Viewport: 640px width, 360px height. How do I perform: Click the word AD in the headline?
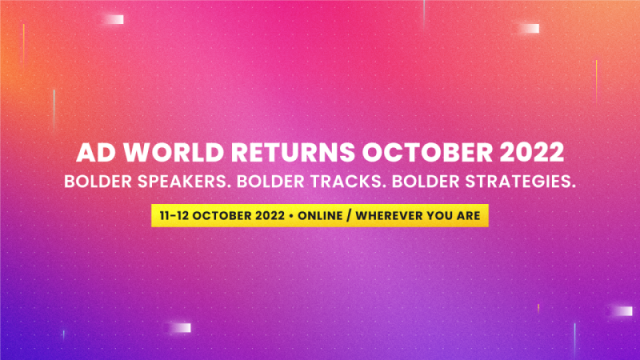coord(93,154)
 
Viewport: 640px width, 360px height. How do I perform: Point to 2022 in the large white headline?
coord(526,154)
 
